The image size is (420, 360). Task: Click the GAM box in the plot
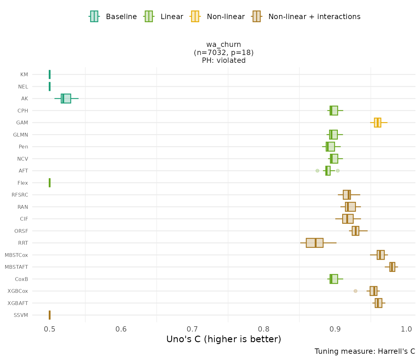377,122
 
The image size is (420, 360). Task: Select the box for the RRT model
314,243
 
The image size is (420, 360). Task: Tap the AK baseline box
66,98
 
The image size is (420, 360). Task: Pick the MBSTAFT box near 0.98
392,267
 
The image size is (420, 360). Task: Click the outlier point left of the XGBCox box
355,291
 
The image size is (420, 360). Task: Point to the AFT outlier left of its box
317,171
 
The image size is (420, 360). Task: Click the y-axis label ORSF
21,231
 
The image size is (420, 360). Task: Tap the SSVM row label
21,315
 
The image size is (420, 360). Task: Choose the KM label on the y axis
24,74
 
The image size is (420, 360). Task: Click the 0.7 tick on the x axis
192,329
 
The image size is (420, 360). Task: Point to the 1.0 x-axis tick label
407,329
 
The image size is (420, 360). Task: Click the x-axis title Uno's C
224,339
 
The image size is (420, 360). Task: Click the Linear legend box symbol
148,16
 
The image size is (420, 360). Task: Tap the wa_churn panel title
224,45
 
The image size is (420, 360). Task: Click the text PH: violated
224,61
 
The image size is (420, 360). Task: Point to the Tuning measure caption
365,351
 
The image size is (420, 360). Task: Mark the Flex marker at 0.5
50,183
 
